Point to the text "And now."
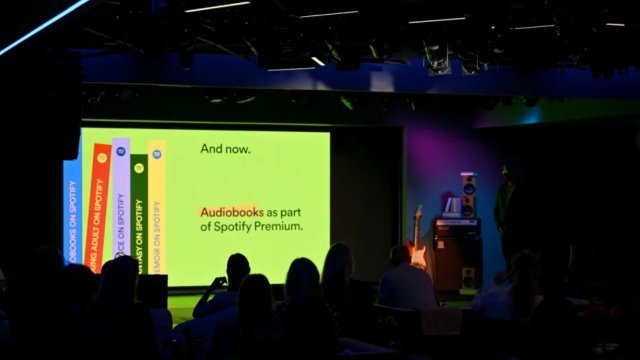click(x=225, y=149)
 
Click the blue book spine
click(x=72, y=210)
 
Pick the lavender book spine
click(x=120, y=210)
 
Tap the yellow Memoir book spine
click(x=157, y=210)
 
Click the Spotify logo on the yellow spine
click(x=157, y=155)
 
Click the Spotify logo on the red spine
click(x=101, y=158)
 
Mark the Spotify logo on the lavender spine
click(x=121, y=151)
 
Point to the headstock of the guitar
click(x=419, y=213)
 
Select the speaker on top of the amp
click(x=468, y=195)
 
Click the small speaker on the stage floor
click(x=468, y=279)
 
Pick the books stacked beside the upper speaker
click(x=451, y=207)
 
